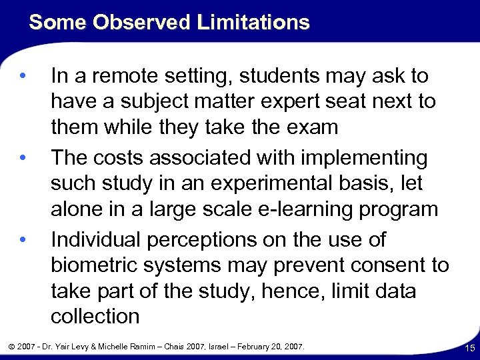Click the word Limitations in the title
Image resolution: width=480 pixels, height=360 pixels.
tap(253, 23)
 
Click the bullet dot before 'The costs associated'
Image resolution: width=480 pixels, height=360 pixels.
tap(24, 157)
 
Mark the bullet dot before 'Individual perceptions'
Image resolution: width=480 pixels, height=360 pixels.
tap(24, 239)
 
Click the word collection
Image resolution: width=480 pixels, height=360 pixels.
tap(95, 317)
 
